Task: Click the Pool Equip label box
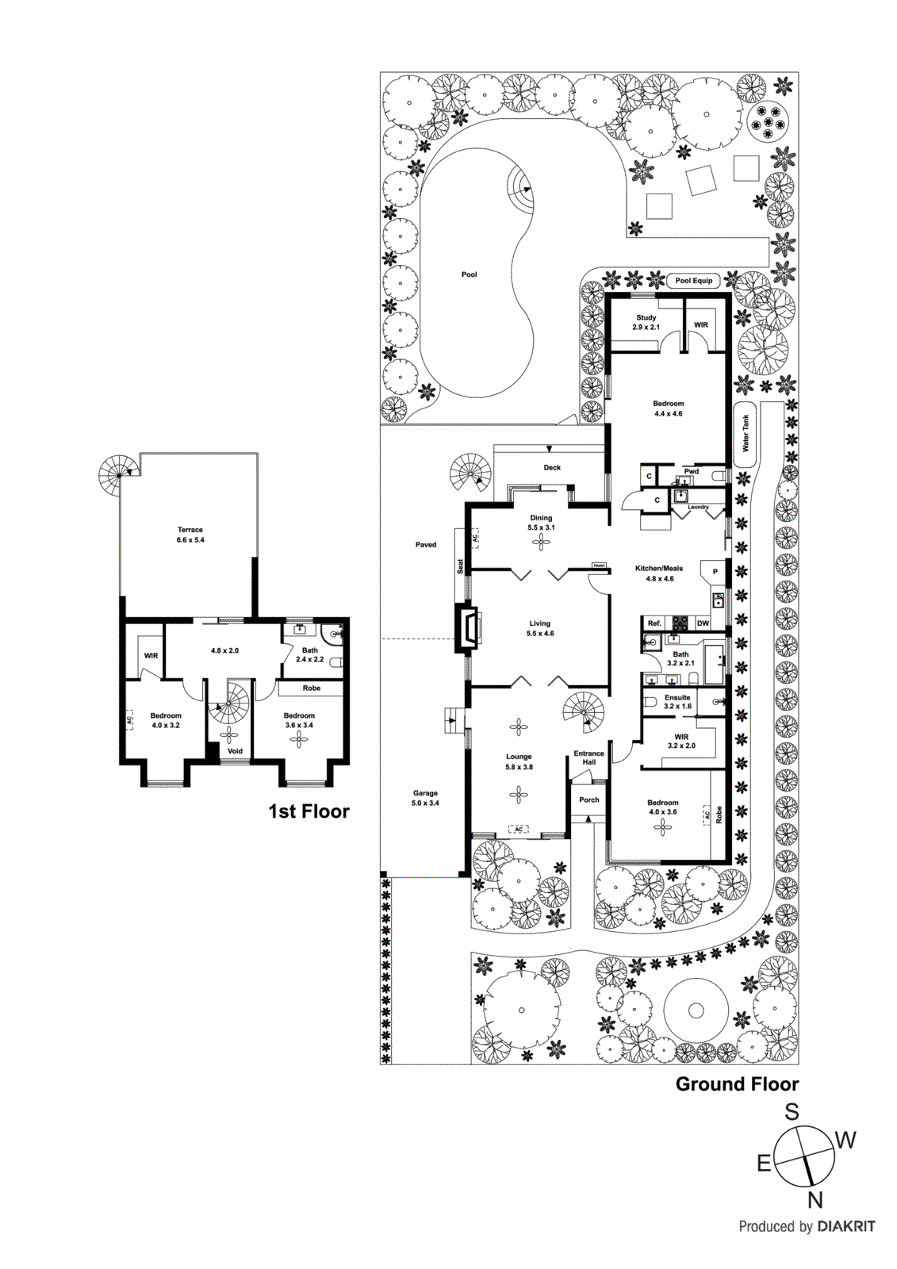click(694, 281)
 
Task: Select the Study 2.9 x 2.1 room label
click(646, 322)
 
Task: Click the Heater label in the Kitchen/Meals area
click(599, 565)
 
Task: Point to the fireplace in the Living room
click(467, 629)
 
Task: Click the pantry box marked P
click(715, 572)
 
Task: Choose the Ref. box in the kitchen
click(654, 623)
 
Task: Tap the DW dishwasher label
click(703, 623)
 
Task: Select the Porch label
click(588, 799)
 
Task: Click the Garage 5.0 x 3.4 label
click(425, 798)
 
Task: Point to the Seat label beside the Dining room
click(460, 566)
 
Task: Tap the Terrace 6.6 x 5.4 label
click(190, 535)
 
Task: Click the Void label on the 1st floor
click(235, 751)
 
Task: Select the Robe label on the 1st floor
click(312, 688)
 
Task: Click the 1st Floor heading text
click(309, 811)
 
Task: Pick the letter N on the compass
click(815, 1200)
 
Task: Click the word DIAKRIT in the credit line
click(846, 1227)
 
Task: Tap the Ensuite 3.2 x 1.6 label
click(677, 701)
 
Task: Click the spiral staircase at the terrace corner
click(117, 473)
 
